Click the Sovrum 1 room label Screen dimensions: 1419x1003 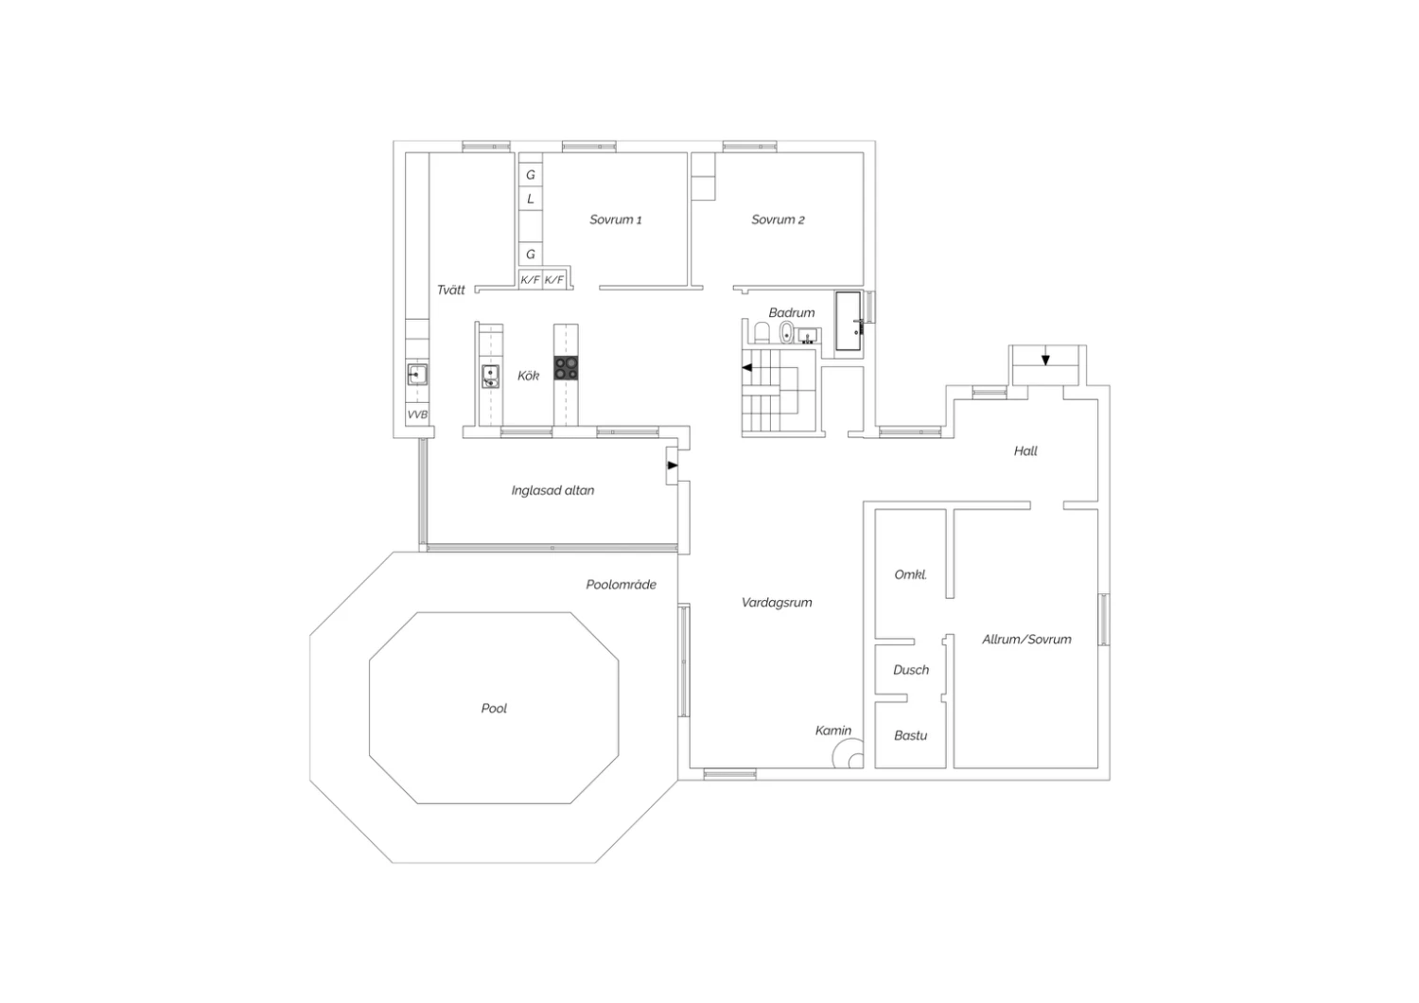click(x=615, y=220)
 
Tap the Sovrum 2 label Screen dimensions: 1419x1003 click(x=778, y=220)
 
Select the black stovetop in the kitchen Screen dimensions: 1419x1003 click(x=566, y=367)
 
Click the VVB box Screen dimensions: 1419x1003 click(x=417, y=414)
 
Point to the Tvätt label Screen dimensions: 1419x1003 click(x=451, y=290)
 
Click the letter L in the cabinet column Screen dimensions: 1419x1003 click(x=530, y=199)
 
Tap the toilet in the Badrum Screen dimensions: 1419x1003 click(x=762, y=333)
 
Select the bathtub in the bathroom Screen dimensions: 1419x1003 click(x=849, y=321)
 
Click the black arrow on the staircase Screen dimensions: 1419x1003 click(x=747, y=367)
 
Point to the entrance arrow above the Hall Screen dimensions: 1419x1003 click(x=1045, y=360)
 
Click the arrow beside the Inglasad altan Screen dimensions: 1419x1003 click(x=673, y=466)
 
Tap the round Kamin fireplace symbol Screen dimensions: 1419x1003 click(x=849, y=755)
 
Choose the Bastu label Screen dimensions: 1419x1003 click(x=910, y=735)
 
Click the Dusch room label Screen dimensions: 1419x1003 click(x=911, y=670)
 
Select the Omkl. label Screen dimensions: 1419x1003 click(x=910, y=574)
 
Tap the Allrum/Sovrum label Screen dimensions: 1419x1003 click(x=1026, y=640)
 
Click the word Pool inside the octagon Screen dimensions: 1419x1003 click(x=494, y=709)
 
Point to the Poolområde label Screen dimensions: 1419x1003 click(x=621, y=585)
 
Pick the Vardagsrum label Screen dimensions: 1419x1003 click(x=777, y=603)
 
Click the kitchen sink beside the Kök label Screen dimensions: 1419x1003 click(x=490, y=377)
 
